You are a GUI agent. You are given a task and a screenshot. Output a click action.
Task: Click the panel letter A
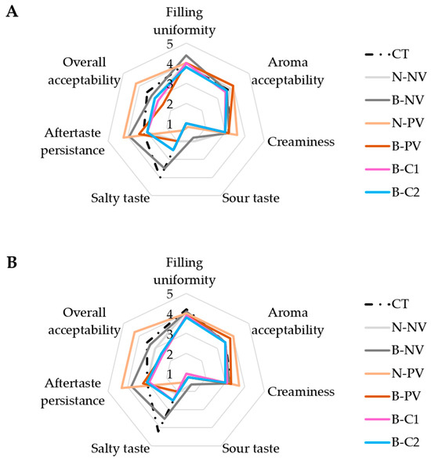pos(12,12)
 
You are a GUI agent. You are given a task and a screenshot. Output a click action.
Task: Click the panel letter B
pos(12,262)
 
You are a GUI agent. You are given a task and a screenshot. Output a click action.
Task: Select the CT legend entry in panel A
pos(386,54)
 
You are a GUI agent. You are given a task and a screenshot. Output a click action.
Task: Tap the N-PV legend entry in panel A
pos(395,123)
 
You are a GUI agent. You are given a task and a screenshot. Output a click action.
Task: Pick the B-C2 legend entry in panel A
pos(393,192)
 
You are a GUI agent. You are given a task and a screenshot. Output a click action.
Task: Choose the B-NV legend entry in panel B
pos(394,350)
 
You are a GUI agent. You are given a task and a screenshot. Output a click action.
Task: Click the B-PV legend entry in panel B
pos(393,396)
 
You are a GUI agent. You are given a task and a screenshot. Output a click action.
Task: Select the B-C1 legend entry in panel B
pos(392,419)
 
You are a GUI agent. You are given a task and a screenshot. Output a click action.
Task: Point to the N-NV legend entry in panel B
pos(396,327)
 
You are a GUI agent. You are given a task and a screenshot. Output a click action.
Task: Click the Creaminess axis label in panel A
pos(301,142)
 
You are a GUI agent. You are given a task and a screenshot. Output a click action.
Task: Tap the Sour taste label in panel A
pos(251,198)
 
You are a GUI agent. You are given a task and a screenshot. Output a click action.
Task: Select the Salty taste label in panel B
pos(121,448)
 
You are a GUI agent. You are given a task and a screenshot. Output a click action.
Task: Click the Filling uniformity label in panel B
pos(184,271)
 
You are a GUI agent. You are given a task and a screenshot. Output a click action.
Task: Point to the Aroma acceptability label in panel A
pos(288,71)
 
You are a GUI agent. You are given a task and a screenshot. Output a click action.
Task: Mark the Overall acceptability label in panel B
pos(85,321)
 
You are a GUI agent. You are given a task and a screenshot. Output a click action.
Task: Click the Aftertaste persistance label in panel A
pos(73,142)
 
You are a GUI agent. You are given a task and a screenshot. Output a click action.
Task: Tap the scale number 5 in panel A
pos(169,45)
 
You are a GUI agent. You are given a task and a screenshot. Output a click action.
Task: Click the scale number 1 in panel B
pos(169,375)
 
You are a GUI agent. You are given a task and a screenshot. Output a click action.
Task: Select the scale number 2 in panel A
pos(169,104)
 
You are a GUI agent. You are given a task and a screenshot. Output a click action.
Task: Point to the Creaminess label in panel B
pos(301,392)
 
